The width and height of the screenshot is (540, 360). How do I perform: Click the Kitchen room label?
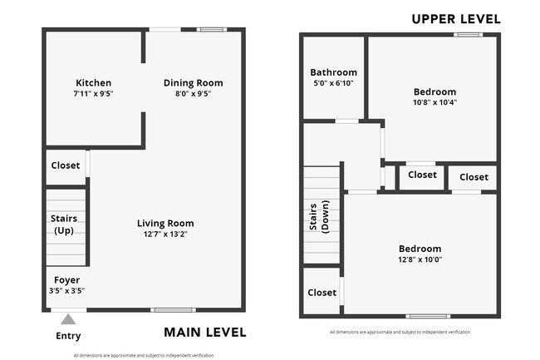93,83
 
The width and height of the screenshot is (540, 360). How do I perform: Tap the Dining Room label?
193,83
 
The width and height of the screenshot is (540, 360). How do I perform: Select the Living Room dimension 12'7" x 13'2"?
165,234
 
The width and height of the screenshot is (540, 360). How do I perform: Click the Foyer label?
66,280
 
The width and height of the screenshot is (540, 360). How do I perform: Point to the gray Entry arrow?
68,318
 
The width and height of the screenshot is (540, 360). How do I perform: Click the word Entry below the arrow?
68,336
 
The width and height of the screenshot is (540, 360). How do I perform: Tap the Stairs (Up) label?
64,224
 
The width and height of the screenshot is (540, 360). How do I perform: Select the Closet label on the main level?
65,165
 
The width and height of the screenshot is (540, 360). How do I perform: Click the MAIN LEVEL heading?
204,333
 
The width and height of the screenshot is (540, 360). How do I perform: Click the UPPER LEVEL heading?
456,18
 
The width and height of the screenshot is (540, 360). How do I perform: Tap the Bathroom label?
333,72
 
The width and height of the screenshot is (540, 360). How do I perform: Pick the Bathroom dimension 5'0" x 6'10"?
333,83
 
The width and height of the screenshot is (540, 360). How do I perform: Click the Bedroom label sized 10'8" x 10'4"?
434,91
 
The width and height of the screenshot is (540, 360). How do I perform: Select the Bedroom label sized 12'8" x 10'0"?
420,249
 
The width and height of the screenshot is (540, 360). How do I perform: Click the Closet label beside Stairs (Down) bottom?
322,293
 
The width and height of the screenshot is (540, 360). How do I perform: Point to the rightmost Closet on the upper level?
474,177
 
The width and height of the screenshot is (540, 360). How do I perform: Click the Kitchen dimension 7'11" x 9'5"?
93,94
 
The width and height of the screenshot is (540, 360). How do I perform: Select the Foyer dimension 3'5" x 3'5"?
66,291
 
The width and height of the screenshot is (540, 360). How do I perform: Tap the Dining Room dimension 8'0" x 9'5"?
193,94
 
